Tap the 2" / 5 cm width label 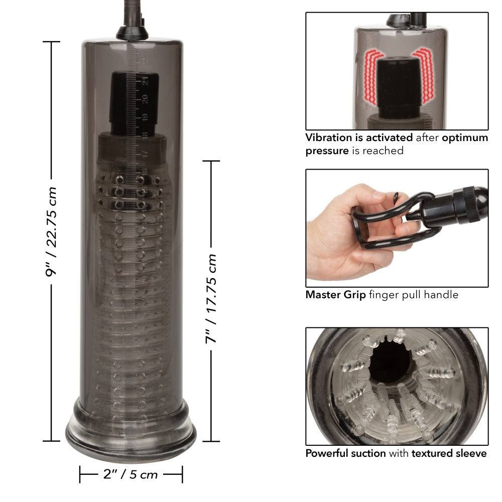131,474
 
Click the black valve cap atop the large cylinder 132,33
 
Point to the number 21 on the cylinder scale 145,80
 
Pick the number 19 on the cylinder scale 145,117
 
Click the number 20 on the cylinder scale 145,99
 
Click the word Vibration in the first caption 329,138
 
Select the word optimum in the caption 464,138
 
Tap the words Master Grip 335,295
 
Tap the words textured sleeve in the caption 449,453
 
